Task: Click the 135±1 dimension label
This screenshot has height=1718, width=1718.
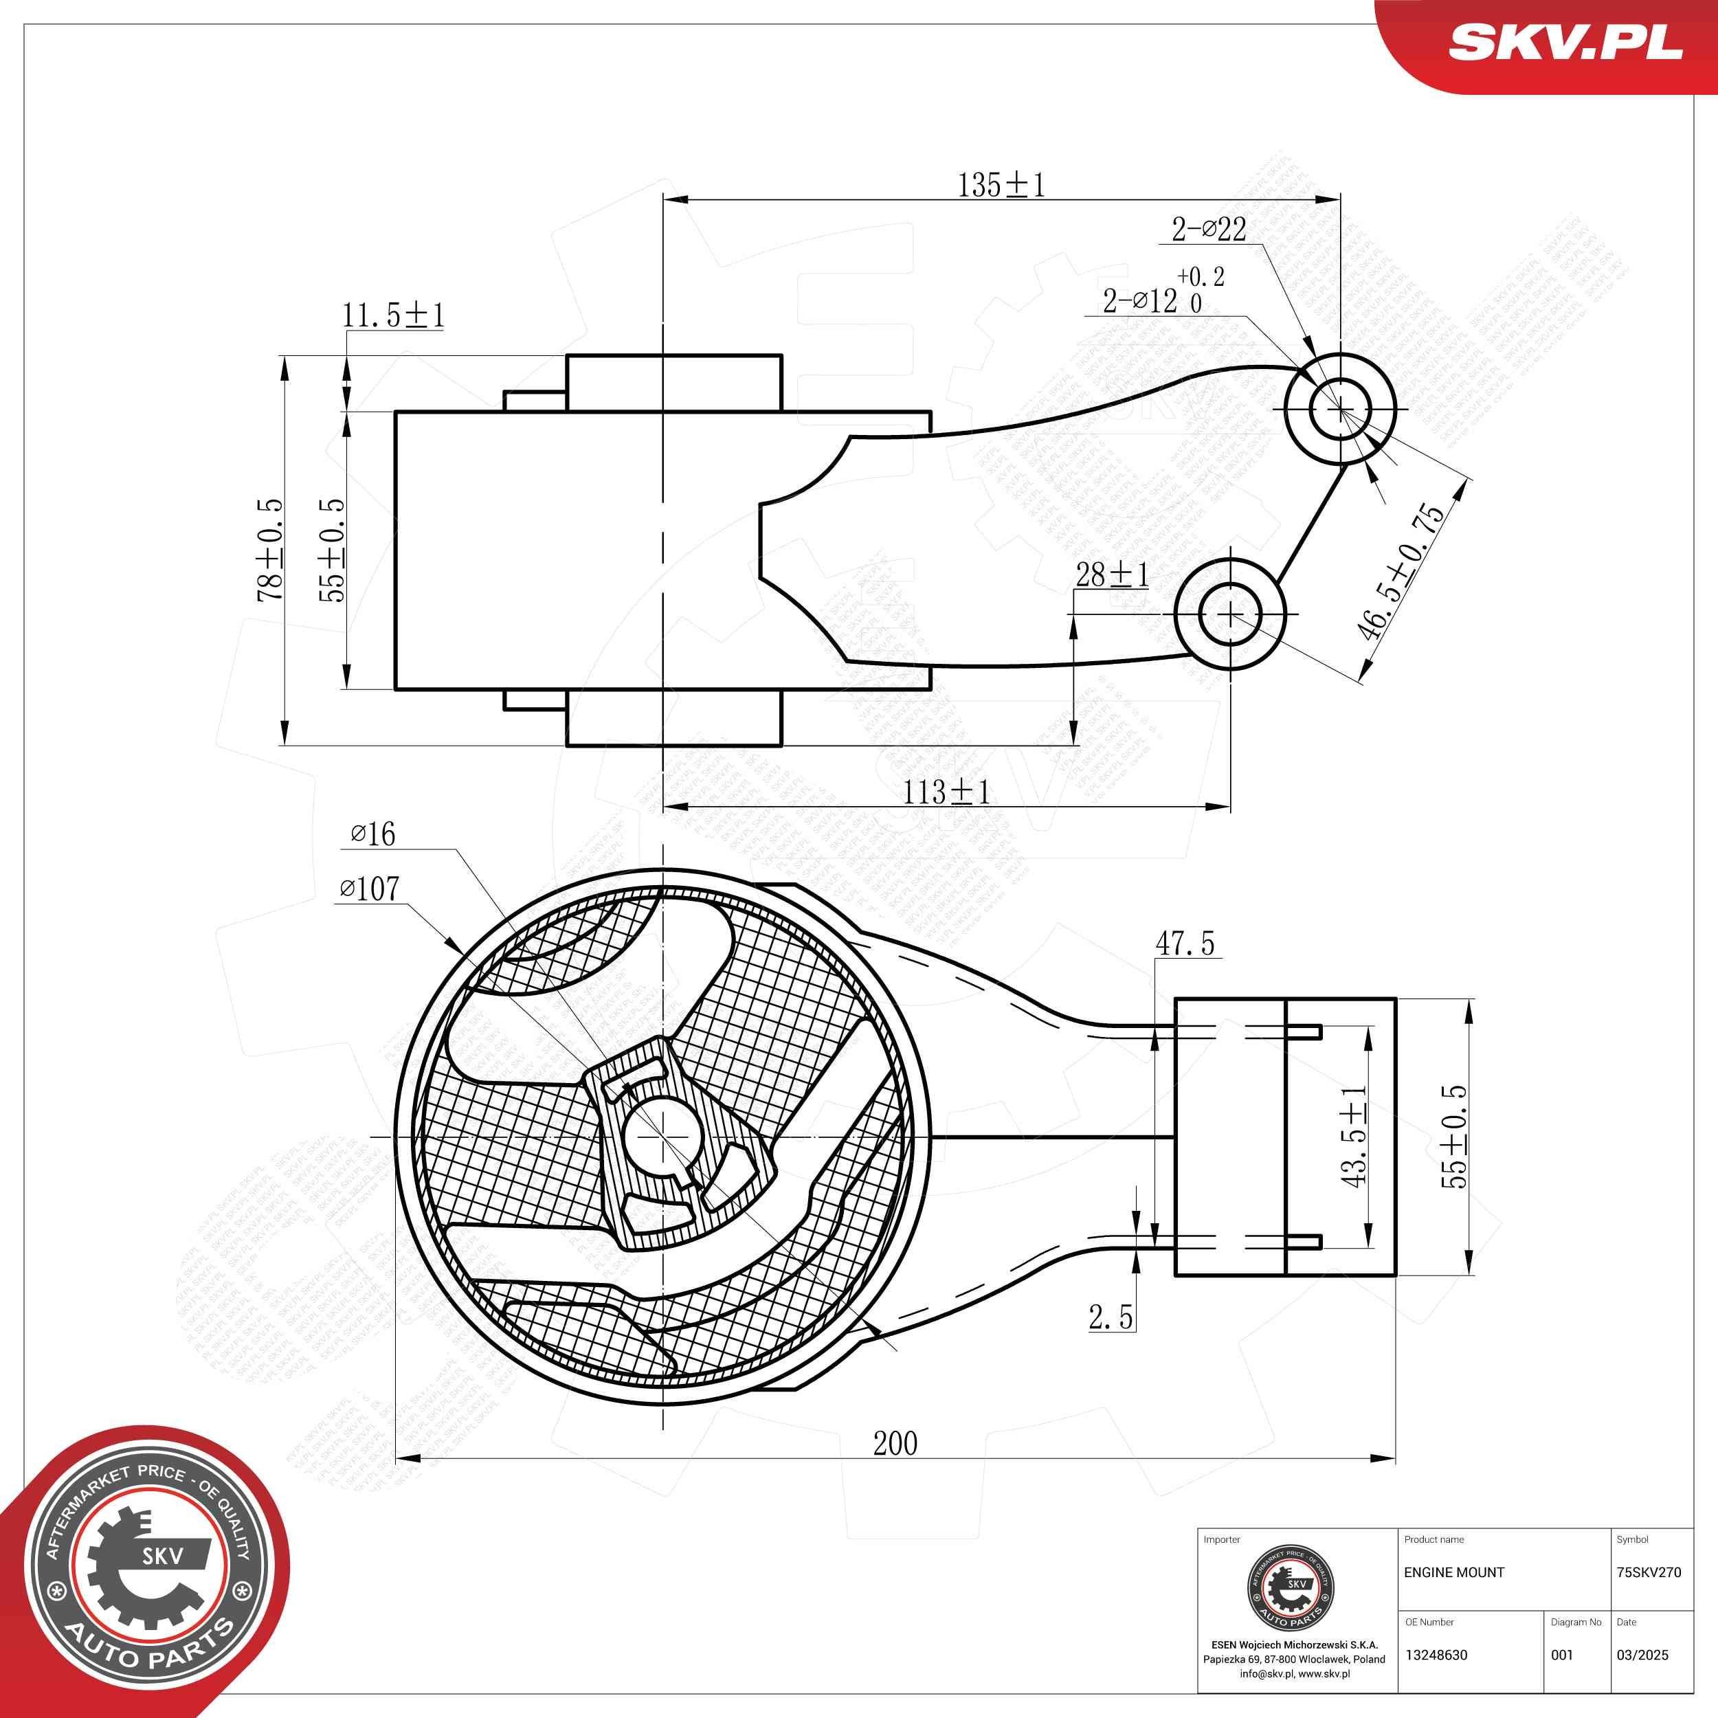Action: coord(1001,185)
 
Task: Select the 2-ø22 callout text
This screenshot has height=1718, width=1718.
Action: coord(1209,230)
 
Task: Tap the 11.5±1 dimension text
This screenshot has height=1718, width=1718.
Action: coord(393,315)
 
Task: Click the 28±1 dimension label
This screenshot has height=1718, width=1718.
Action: coord(1111,575)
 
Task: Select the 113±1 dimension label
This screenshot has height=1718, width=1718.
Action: coord(946,792)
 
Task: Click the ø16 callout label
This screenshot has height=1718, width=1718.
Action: coord(372,834)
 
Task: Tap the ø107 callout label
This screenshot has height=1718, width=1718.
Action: coord(369,889)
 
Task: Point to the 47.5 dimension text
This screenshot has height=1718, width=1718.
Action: coord(1185,944)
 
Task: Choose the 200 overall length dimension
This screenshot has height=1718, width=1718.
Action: coord(895,1443)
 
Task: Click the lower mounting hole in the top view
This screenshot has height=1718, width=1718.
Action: coord(1230,614)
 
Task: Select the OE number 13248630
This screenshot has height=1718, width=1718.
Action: coord(1436,1655)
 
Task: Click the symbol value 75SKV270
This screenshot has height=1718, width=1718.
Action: coord(1649,1572)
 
